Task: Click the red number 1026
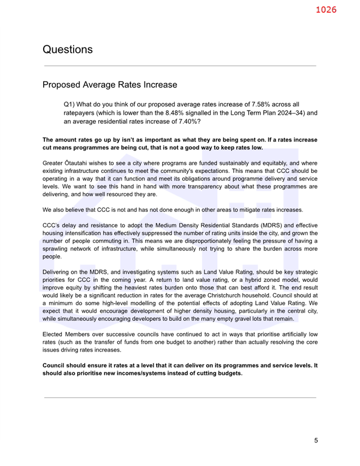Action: coord(326,10)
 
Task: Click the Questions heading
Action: coord(67,50)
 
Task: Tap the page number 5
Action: coord(316,440)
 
